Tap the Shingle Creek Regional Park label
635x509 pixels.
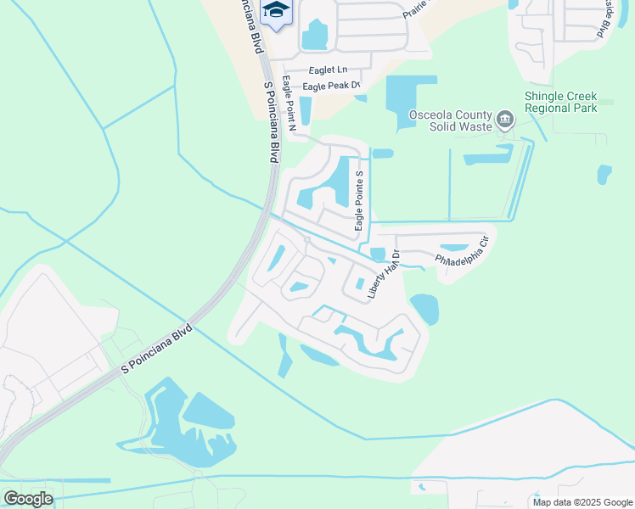coord(560,103)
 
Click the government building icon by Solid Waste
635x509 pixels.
coord(505,118)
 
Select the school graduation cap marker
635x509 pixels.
coord(275,12)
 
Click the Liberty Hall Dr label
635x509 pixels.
coord(383,280)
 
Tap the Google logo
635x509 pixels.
coord(28,499)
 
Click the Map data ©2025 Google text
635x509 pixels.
coord(582,502)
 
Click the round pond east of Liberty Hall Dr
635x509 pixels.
coord(424,309)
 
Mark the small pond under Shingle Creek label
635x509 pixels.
coord(604,174)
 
